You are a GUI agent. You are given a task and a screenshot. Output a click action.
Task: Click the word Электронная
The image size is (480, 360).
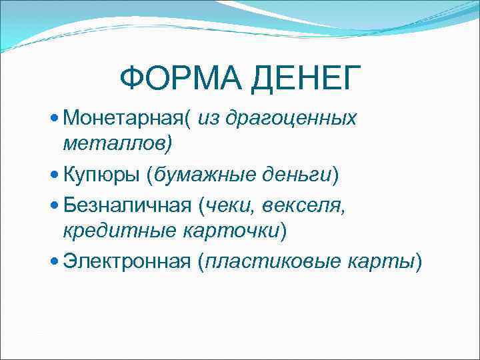click(x=127, y=262)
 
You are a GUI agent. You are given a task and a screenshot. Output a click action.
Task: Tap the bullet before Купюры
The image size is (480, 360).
click(x=55, y=175)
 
